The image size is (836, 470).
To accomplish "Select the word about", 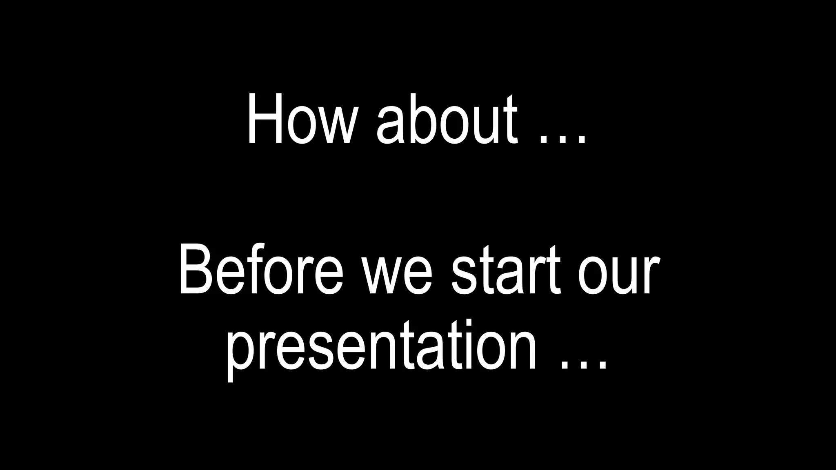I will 447,119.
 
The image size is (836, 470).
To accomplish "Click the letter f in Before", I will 256,269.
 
